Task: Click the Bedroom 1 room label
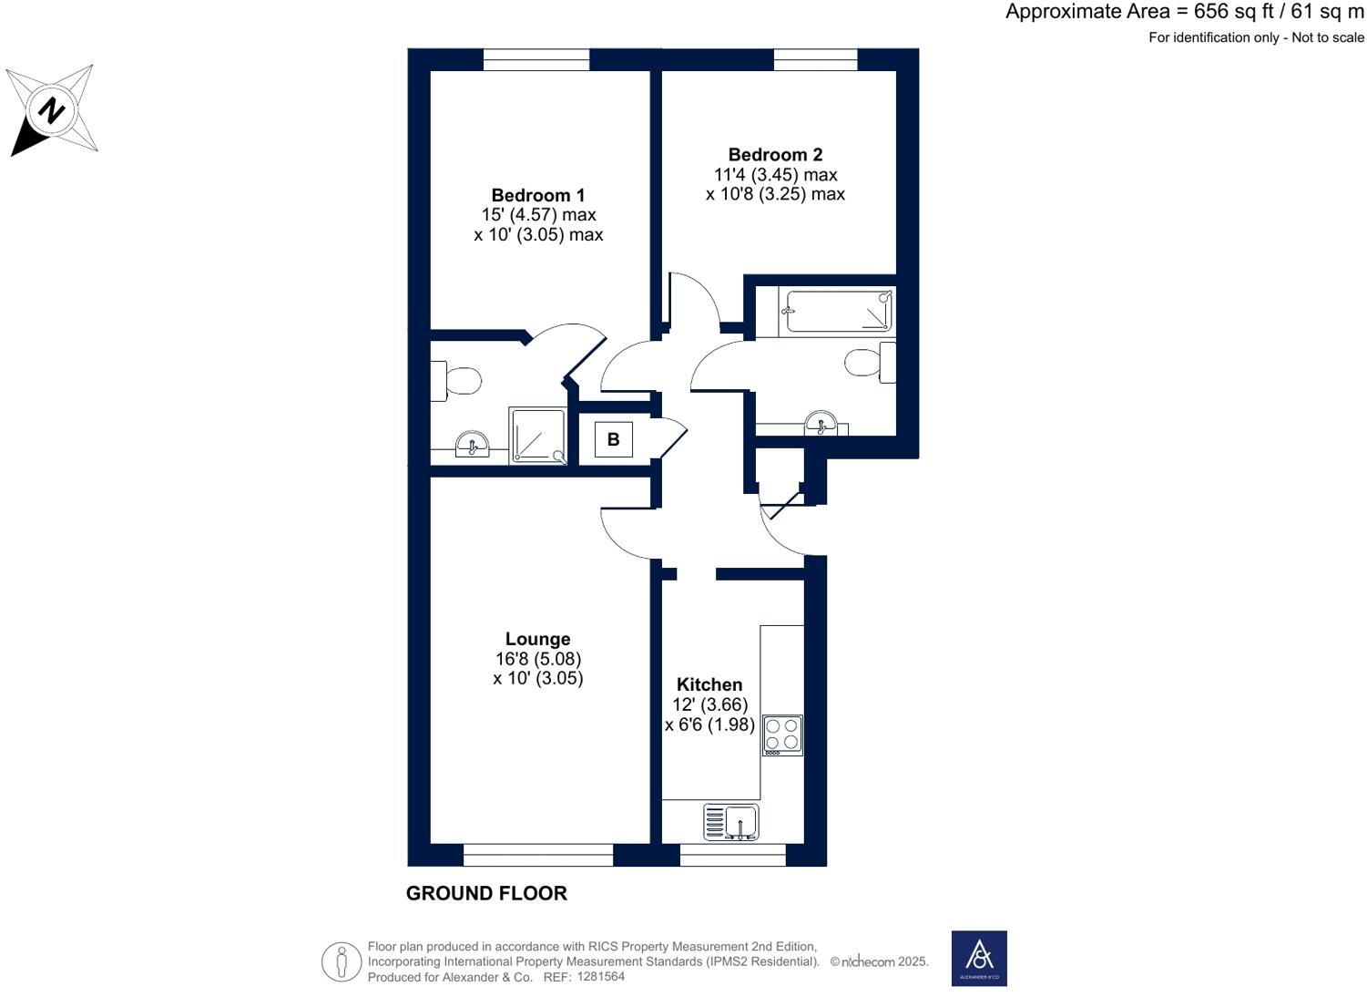pos(537,195)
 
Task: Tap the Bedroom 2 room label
pos(775,155)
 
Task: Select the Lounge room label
pos(537,639)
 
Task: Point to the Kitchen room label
pos(709,684)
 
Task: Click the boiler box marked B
pos(613,439)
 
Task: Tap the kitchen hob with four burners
pos(782,735)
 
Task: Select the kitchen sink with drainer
pos(731,822)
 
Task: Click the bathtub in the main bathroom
pos(838,312)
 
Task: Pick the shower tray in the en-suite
pos(538,436)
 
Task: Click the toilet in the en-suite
pos(455,381)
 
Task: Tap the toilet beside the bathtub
pos(870,363)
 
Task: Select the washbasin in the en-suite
pos(472,446)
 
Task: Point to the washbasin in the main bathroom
pos(821,424)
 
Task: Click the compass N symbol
pos(52,110)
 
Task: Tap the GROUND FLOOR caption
pos(486,893)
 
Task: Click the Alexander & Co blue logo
pos(979,958)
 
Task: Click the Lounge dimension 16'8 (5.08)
pos(537,659)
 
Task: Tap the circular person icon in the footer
pos(342,961)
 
